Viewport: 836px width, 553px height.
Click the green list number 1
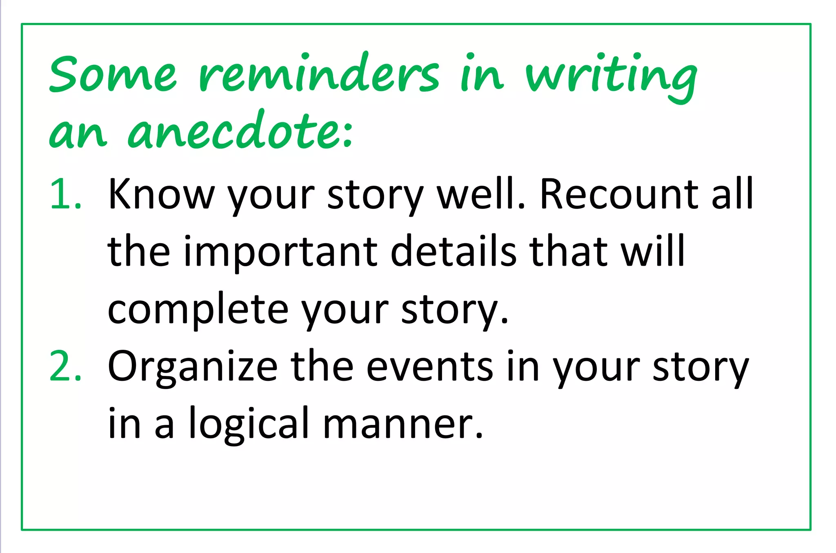tap(65, 194)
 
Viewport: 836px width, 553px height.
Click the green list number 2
tap(65, 366)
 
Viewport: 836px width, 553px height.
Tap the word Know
tap(161, 194)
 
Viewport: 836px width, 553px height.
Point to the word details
tap(453, 251)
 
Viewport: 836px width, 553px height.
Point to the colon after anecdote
tap(348, 135)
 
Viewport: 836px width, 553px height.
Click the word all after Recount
tap(733, 194)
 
